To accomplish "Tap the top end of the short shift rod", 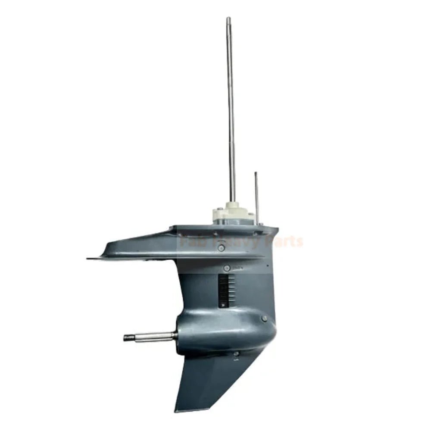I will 256,173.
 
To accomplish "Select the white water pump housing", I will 233,214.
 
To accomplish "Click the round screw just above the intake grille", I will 226,268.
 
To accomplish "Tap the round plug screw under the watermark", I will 221,248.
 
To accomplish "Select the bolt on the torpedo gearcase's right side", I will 264,319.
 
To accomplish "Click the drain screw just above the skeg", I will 236,354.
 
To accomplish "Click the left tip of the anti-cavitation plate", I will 88,259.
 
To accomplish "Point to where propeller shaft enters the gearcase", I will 176,335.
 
